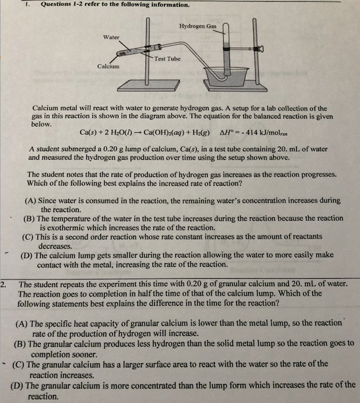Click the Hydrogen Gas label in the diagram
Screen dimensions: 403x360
(x=198, y=26)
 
